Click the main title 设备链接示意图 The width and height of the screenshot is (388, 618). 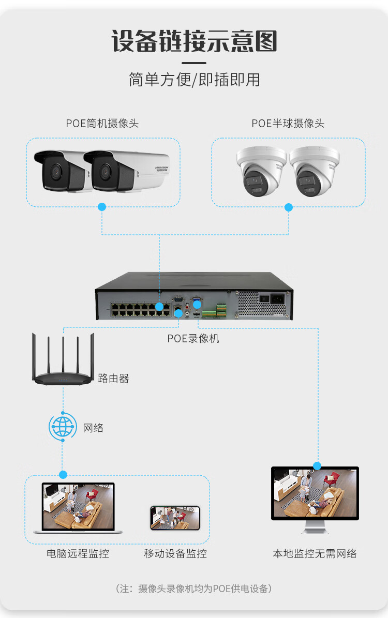click(194, 41)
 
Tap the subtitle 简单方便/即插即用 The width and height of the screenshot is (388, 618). click(194, 80)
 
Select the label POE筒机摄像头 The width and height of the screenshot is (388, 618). click(102, 123)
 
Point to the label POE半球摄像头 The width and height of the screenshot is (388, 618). click(288, 123)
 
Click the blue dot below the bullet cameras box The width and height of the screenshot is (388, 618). click(102, 207)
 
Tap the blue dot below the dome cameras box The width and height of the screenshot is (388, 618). click(289, 207)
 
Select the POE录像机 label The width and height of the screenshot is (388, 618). click(193, 338)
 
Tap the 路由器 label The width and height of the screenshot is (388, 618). click(113, 378)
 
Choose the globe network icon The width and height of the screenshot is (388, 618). click(63, 427)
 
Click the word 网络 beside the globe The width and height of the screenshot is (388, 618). click(93, 428)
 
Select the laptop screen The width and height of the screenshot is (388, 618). click(78, 506)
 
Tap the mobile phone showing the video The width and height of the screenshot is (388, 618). click(175, 518)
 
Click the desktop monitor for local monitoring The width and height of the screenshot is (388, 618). click(315, 494)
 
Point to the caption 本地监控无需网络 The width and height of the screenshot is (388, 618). click(315, 553)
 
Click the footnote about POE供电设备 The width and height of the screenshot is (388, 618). click(194, 589)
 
